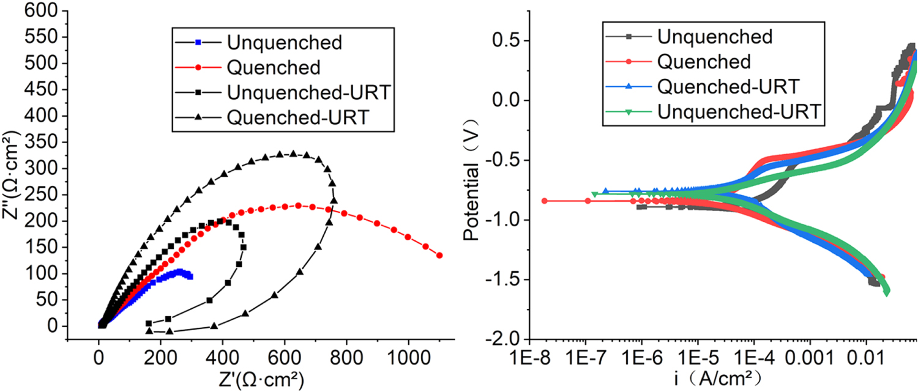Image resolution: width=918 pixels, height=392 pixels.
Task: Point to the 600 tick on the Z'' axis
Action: (48, 10)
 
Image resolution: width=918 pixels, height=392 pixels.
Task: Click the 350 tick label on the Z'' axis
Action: (48, 142)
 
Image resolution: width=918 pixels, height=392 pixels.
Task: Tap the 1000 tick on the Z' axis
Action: (408, 355)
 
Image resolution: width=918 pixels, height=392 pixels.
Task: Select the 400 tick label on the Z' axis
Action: (222, 355)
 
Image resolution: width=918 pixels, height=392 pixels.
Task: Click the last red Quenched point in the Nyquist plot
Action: (439, 255)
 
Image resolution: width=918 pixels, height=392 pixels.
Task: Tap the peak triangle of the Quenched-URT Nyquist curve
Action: (293, 153)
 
